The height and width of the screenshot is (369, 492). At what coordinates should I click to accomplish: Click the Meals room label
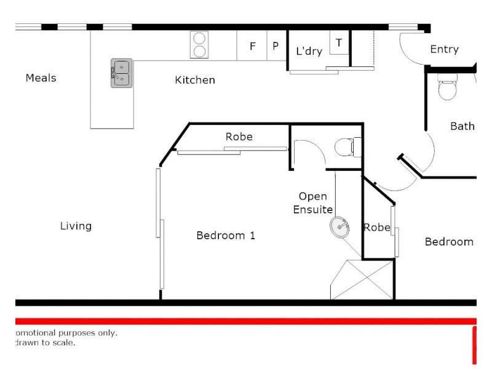(x=41, y=78)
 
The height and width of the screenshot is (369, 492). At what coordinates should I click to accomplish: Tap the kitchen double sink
(x=121, y=73)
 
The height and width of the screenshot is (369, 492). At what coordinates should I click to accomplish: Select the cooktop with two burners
(x=199, y=44)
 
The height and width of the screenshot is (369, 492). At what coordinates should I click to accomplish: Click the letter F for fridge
(x=252, y=46)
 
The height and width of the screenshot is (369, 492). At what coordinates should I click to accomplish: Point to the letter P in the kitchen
(x=276, y=46)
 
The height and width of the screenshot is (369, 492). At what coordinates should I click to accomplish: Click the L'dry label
(x=309, y=51)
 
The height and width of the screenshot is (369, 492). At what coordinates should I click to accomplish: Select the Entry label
(x=444, y=49)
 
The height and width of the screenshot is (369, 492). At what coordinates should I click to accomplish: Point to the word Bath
(x=462, y=126)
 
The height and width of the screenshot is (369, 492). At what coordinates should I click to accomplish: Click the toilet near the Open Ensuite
(x=348, y=147)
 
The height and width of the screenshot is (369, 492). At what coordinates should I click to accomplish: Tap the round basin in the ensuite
(x=339, y=227)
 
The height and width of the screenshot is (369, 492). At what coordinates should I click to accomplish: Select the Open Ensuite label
(x=313, y=203)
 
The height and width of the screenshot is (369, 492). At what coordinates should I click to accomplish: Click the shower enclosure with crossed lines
(x=362, y=279)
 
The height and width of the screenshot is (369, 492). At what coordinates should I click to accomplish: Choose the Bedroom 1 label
(x=225, y=236)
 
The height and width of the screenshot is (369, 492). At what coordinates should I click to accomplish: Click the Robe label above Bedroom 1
(x=239, y=137)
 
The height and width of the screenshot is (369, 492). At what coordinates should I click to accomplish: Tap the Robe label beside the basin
(x=376, y=228)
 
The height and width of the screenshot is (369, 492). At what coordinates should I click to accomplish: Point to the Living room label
(x=76, y=226)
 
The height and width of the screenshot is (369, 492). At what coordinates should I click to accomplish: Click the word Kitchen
(x=195, y=80)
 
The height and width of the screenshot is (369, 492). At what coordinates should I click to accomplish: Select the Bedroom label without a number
(x=449, y=242)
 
